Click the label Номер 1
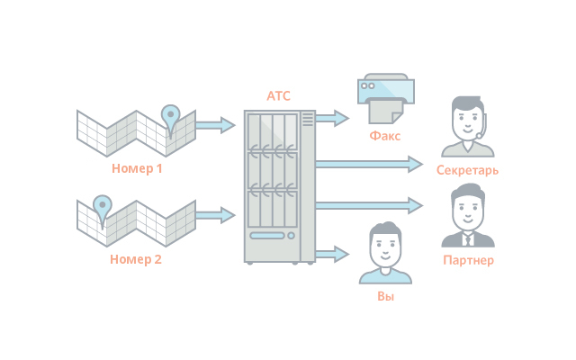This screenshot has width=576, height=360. coord(137,168)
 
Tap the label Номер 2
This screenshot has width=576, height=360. coord(136,260)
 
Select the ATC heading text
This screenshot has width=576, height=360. coord(279,96)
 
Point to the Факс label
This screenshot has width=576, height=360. coord(384,136)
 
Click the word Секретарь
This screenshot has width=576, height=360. coord(467,170)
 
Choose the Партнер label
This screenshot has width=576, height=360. coord(468,261)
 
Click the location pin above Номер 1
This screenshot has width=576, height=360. coord(170,114)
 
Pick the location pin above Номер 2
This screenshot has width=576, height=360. coord(103,206)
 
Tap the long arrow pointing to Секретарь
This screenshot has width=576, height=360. coord(369,163)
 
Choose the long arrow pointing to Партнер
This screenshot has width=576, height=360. coord(369,204)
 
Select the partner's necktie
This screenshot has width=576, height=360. coord(468,238)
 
